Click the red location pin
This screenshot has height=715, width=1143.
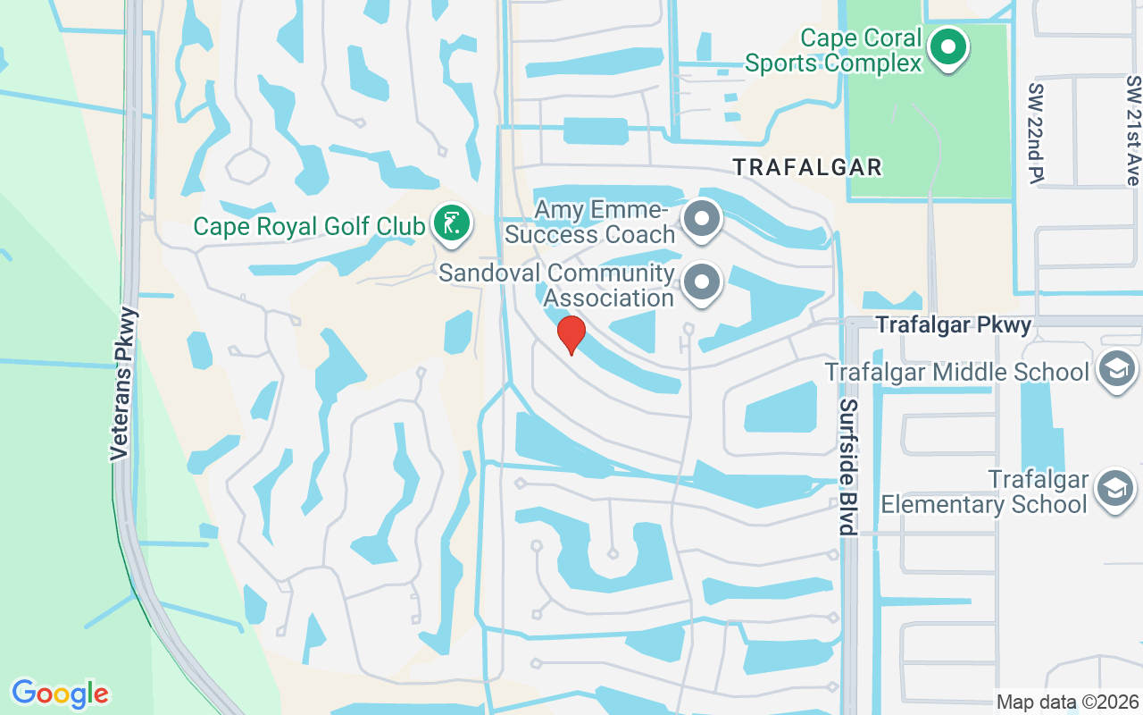pyautogui.click(x=571, y=334)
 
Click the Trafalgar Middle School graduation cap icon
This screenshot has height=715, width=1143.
pyautogui.click(x=1116, y=370)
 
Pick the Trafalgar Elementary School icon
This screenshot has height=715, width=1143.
pyautogui.click(x=1116, y=489)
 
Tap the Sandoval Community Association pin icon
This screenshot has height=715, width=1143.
pyautogui.click(x=702, y=282)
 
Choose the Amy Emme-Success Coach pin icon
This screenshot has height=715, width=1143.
pyautogui.click(x=702, y=218)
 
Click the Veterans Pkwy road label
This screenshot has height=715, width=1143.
pyautogui.click(x=126, y=384)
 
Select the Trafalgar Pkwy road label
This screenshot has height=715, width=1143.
pyautogui.click(x=954, y=325)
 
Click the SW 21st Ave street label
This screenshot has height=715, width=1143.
pyautogui.click(x=1133, y=130)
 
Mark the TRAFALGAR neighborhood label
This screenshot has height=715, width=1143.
pyautogui.click(x=807, y=167)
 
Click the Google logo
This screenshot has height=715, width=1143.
pyautogui.click(x=60, y=694)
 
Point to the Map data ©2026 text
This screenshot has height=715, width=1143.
pyautogui.click(x=1068, y=702)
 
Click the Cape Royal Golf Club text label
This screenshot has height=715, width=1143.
pyautogui.click(x=309, y=226)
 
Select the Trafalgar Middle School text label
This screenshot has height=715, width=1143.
pyautogui.click(x=957, y=372)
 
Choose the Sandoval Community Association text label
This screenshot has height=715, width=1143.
pyautogui.click(x=556, y=285)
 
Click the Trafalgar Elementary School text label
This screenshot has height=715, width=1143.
pyautogui.click(x=984, y=492)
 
